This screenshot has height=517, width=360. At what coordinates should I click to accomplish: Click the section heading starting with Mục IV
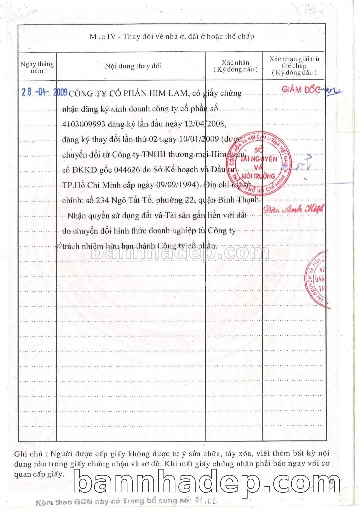click(172, 36)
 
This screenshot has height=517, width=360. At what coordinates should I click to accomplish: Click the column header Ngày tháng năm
click(37, 67)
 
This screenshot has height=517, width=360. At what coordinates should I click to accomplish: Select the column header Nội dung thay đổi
click(133, 66)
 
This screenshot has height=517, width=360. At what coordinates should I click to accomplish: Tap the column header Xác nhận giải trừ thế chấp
click(294, 66)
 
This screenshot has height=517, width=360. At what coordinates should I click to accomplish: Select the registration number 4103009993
click(84, 124)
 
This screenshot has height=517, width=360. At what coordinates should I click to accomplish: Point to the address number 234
click(101, 201)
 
